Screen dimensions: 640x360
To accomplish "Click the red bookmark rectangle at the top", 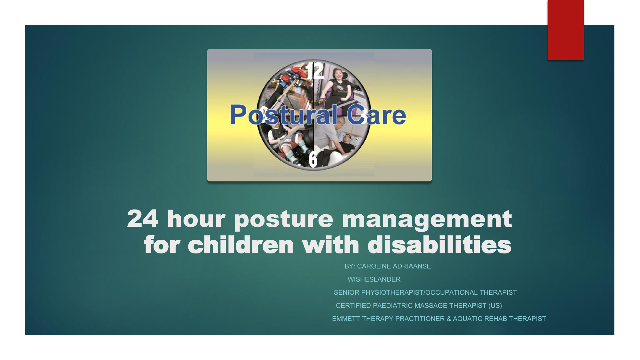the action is pos(565,30).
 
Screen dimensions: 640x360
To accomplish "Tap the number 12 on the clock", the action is pos(314,71).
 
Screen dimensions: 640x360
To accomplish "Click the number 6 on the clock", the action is pos(313,159).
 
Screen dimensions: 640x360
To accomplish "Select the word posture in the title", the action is pos(284,220).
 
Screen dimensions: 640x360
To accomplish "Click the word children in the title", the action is pos(241,244).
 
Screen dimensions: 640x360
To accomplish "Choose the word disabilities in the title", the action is pos(439,244).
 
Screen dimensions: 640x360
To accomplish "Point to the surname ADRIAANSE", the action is pos(412,266).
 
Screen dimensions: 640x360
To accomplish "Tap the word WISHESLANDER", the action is pos(374,279).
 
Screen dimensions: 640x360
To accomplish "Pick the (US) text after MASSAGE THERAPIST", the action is pos(495,306).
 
